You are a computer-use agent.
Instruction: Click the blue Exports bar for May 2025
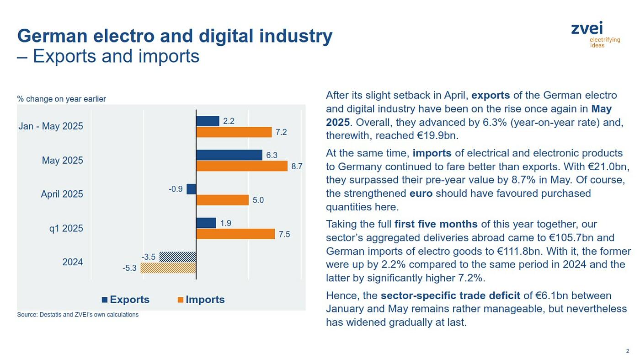[229, 155]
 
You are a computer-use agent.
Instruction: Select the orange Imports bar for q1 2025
[235, 234]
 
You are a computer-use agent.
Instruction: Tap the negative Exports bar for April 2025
[192, 189]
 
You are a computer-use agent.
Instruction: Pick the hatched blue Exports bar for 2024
[178, 257]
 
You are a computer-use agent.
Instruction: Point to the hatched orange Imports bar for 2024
[168, 268]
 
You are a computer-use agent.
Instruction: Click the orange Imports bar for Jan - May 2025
[234, 132]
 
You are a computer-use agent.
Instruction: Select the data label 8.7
[297, 167]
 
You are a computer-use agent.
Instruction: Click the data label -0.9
[176, 189]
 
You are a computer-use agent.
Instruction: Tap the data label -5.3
[129, 269]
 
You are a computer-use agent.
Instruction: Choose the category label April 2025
[62, 194]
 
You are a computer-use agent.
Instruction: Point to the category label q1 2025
[66, 228]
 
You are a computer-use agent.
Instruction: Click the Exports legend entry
[125, 300]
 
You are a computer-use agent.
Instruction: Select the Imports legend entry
[201, 300]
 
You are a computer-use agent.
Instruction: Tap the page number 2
[628, 351]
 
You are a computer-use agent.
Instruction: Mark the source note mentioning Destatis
[78, 315]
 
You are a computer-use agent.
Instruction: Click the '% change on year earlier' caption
[61, 99]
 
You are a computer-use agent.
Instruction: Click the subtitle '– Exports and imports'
[108, 56]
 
